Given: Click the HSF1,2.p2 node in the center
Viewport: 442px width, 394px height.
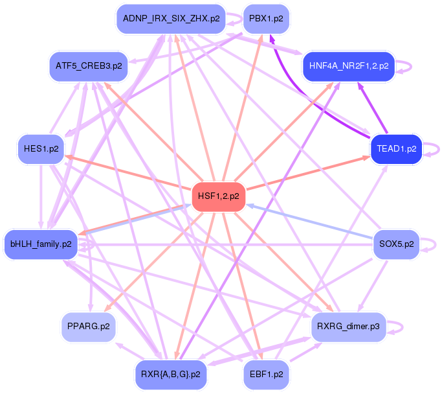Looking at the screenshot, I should (x=219, y=197).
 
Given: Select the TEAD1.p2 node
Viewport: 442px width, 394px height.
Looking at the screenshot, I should (x=395, y=148).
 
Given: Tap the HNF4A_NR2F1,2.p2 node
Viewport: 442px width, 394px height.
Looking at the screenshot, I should (x=348, y=66).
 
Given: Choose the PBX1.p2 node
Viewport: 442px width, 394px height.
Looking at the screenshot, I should (x=266, y=19).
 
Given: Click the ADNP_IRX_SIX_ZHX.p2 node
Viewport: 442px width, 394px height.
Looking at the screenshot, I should (x=171, y=19).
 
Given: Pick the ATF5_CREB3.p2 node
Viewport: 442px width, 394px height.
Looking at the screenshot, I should (x=88, y=66).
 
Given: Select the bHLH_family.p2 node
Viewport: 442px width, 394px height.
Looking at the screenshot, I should (x=41, y=244).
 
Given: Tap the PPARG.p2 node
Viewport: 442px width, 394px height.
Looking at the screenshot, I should (x=88, y=326).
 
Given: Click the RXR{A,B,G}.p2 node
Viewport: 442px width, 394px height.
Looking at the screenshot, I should (x=171, y=374).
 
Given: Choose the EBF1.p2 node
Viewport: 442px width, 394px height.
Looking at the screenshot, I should (x=266, y=374).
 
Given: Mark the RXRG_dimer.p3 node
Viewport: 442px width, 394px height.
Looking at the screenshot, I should (x=348, y=326).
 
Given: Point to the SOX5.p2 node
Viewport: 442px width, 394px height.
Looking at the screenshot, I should (x=395, y=244).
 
